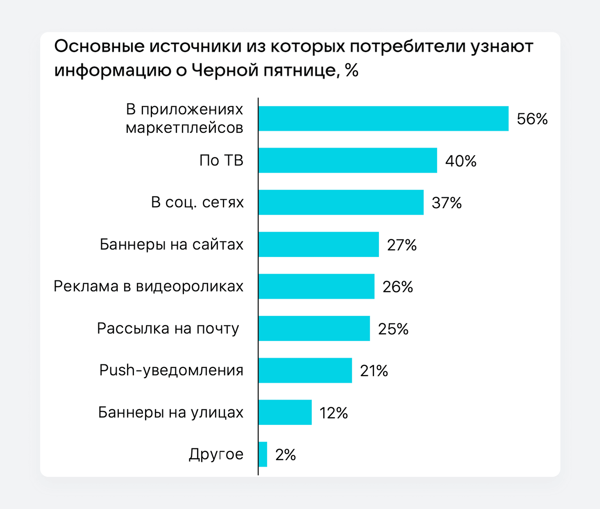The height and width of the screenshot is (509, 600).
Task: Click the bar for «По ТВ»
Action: [348, 160]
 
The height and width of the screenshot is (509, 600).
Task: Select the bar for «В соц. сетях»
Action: [341, 202]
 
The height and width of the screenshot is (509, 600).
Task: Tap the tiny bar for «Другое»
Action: [263, 454]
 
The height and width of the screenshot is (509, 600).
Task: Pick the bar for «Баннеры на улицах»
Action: [285, 412]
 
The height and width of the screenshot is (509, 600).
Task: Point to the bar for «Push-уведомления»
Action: [305, 370]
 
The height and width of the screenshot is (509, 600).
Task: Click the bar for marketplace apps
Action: [383, 119]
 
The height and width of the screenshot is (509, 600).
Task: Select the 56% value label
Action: [532, 119]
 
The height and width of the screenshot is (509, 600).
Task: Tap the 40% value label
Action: [461, 161]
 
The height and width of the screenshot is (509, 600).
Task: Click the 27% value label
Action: [402, 245]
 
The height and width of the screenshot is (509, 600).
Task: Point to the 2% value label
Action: [285, 455]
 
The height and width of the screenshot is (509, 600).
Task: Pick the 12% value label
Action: [333, 413]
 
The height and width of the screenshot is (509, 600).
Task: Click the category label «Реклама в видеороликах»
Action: [149, 286]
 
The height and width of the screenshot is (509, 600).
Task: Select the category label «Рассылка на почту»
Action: [168, 328]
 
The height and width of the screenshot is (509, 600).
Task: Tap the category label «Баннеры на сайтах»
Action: [172, 244]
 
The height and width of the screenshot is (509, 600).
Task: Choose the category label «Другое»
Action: [216, 454]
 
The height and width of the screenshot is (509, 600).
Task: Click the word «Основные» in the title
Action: [99, 46]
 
